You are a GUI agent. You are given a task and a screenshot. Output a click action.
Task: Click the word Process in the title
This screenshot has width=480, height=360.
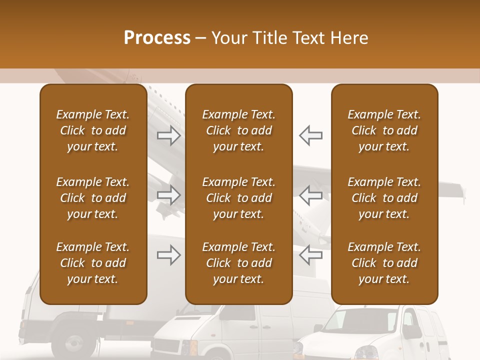coord(157,38)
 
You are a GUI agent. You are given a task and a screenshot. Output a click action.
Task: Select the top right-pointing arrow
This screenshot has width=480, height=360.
coord(169,135)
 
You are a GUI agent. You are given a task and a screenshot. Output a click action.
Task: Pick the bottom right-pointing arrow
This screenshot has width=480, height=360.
coord(169,255)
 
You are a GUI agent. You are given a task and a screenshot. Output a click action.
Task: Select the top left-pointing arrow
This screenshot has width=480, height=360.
coord(310,135)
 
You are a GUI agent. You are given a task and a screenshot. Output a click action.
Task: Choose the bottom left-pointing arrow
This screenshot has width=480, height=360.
coord(310,255)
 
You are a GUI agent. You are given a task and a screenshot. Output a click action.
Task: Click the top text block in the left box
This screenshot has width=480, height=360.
coord(93,130)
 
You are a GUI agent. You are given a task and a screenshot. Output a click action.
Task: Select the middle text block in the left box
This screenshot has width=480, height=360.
coord(93,198)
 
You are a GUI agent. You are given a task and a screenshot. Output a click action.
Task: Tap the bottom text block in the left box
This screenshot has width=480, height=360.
coord(93,263)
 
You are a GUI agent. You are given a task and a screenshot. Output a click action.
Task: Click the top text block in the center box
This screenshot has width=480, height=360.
coord(239,130)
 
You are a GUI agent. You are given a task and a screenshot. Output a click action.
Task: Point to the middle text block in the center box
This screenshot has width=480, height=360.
coord(239,198)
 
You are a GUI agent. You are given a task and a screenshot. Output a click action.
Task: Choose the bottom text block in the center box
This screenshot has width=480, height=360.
coord(239,263)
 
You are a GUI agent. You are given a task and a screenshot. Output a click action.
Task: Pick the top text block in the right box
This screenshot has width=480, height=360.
coord(384,130)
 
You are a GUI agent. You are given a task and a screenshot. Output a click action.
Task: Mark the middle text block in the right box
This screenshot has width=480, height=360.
coord(384,198)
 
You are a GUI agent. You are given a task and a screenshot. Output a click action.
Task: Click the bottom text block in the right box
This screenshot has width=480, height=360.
coord(384,263)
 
